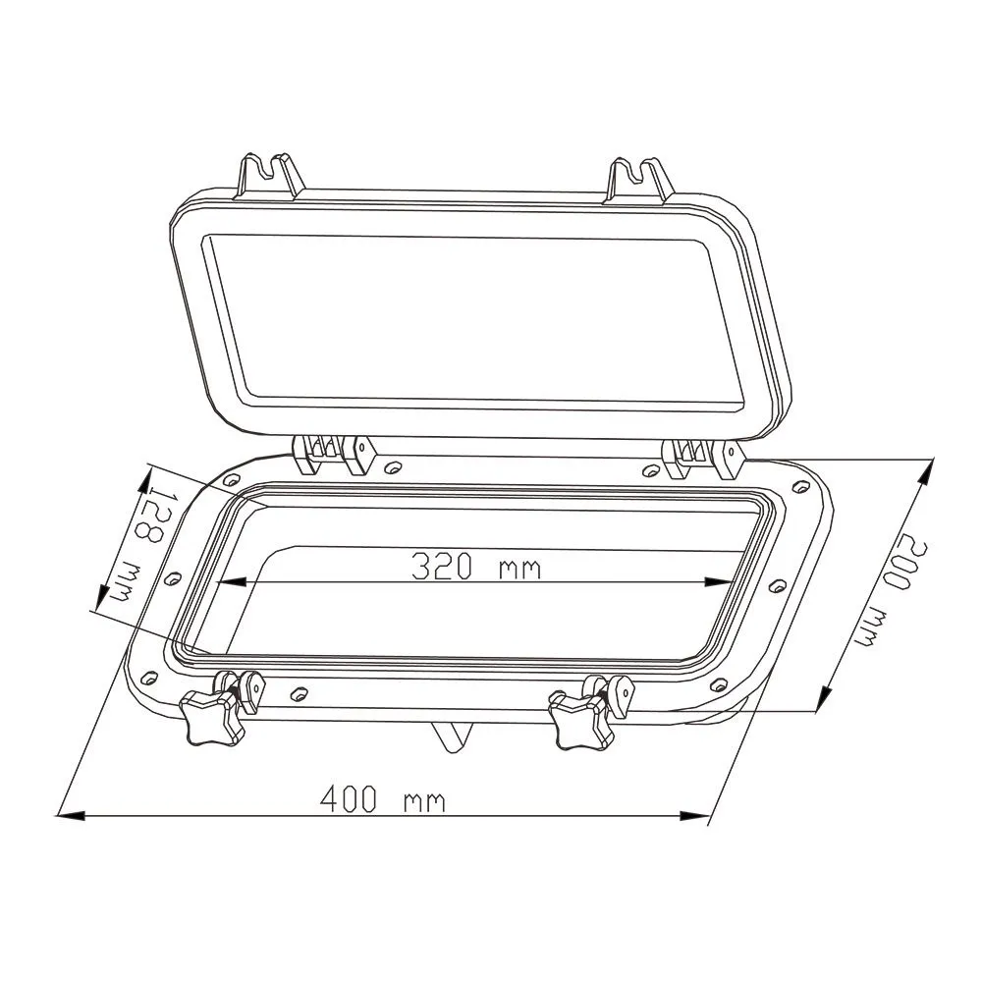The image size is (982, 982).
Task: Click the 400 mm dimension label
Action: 383,800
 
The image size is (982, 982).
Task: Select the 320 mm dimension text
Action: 475,567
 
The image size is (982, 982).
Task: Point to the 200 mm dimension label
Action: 890,589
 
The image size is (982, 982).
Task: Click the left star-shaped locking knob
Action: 211,714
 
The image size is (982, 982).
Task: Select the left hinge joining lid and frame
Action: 334,455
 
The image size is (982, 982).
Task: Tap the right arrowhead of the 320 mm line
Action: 723,582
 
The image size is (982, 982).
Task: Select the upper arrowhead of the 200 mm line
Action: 925,471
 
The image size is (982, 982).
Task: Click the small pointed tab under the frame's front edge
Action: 451,736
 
